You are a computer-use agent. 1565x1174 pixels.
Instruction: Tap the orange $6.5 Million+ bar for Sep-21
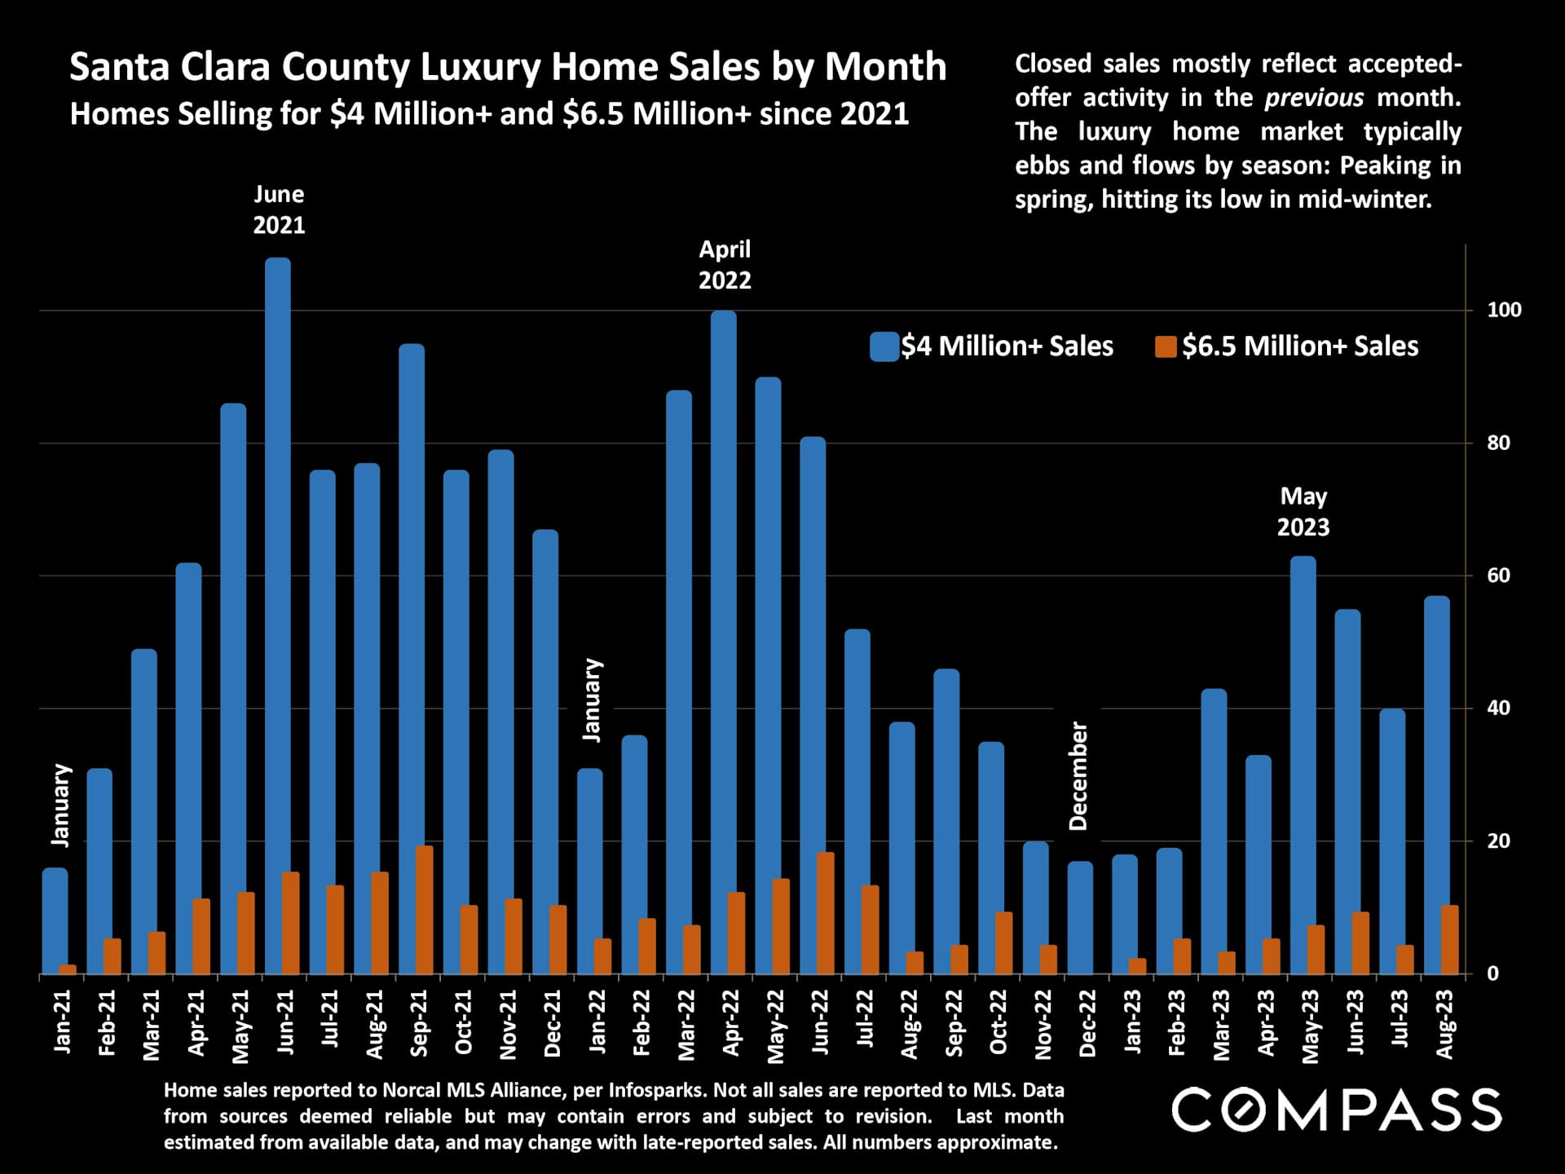click(424, 910)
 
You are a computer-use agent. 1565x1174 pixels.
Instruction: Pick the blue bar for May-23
click(1303, 734)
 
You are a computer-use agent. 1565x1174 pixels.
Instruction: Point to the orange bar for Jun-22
click(825, 913)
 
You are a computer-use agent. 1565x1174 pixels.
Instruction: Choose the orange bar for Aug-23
click(1449, 939)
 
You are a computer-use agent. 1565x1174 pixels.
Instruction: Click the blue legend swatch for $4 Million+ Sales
click(884, 346)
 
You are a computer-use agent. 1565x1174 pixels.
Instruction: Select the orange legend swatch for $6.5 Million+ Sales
click(1166, 346)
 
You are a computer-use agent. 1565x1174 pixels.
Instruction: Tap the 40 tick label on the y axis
click(1498, 708)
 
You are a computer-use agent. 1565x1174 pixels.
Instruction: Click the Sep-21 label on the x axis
click(419, 1024)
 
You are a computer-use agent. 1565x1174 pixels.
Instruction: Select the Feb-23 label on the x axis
click(1176, 1024)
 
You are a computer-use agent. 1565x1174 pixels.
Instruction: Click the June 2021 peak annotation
click(279, 210)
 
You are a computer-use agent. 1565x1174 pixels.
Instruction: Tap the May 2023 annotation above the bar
click(1303, 512)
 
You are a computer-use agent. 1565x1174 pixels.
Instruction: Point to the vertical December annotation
click(1078, 776)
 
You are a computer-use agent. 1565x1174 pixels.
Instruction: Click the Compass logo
click(1336, 1110)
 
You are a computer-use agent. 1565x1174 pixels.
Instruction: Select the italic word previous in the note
click(1313, 98)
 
